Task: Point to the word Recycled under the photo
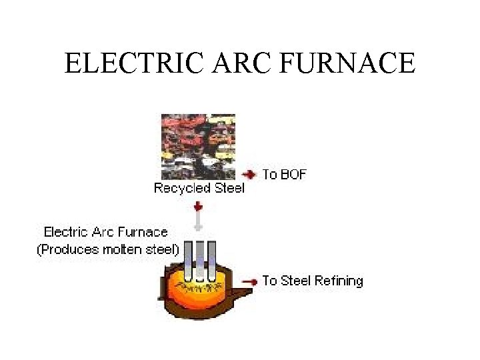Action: (181, 188)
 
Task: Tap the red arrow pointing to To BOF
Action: (249, 175)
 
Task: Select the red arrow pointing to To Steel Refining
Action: (249, 281)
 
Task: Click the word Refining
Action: (339, 281)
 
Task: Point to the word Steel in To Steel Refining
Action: (295, 281)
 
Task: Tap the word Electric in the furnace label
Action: (65, 232)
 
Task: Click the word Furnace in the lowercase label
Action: (142, 232)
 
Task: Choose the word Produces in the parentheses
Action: (69, 250)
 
